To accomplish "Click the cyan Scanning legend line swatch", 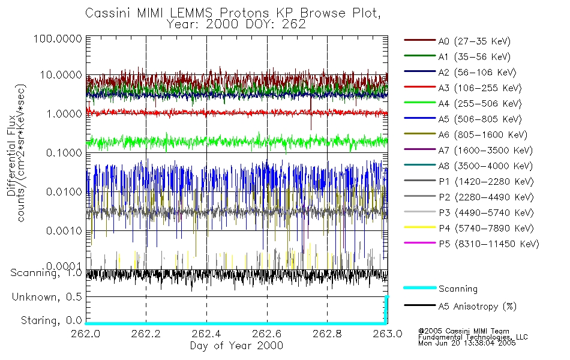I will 419,289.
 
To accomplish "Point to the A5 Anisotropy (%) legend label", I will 477,307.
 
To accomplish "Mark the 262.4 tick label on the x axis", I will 206,334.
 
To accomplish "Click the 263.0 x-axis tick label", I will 387,334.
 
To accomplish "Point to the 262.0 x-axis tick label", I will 86,334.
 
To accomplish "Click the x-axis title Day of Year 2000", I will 236,346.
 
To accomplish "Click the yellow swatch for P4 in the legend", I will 419,229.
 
